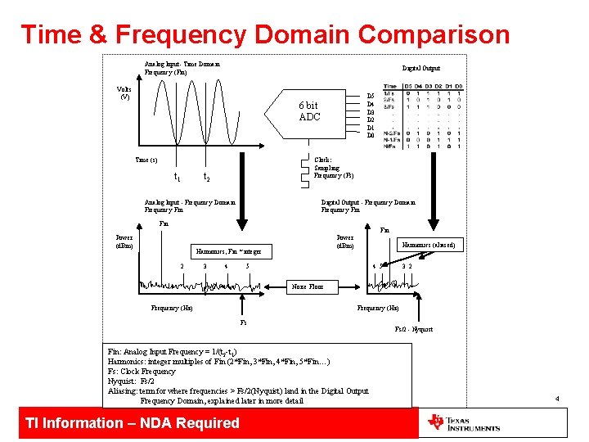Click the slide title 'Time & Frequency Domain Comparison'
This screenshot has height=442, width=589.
tap(265, 35)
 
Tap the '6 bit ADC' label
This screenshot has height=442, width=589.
tap(309, 111)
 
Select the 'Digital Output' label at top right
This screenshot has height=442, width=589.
tap(420, 68)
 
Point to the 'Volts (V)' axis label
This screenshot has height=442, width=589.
tap(124, 92)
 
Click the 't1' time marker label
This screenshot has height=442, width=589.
tap(178, 178)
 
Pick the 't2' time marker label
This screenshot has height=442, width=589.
tap(206, 178)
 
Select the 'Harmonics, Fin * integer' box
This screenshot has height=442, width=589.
tap(227, 251)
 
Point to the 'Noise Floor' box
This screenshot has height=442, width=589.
tap(307, 286)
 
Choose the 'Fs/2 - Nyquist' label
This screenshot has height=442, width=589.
tap(413, 329)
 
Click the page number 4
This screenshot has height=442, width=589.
tap(556, 399)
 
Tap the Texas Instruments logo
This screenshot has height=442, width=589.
tap(463, 423)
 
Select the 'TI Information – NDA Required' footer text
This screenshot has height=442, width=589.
tap(133, 423)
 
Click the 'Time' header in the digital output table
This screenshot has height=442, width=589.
tap(390, 86)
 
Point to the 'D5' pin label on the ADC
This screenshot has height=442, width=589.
tap(371, 96)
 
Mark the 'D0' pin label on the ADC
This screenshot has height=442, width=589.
tap(371, 135)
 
